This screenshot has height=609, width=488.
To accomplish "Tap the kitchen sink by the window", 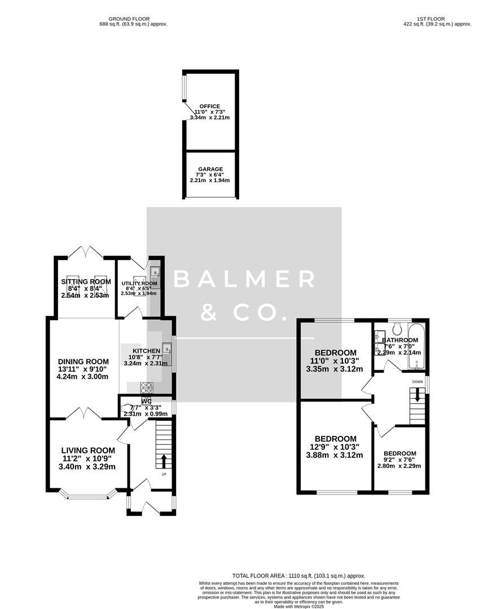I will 166,350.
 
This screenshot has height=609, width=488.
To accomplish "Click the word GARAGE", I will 210,169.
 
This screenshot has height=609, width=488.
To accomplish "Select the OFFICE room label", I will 210,106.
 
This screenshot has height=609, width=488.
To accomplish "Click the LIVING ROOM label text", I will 88,450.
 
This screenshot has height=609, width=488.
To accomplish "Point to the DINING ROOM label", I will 83,361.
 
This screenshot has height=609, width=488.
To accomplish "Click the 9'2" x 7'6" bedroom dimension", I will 399,460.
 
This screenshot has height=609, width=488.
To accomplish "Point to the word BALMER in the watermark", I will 244,279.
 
